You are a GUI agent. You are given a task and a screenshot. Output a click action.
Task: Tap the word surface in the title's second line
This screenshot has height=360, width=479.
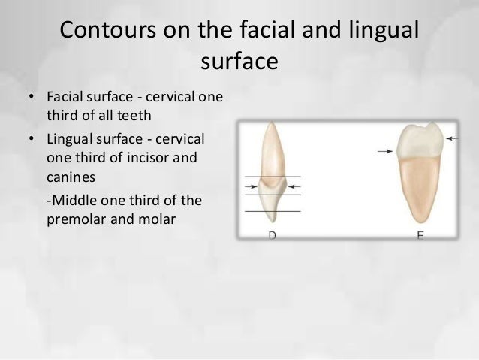(239, 61)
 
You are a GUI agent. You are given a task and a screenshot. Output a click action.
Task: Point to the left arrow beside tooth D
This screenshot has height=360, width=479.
(252, 186)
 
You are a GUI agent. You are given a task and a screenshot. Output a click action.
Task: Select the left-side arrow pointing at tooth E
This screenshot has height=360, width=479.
(386, 152)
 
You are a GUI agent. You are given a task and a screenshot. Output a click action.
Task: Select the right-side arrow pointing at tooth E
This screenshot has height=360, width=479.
(452, 138)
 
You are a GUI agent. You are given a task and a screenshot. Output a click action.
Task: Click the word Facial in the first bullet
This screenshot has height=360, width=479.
(63, 99)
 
